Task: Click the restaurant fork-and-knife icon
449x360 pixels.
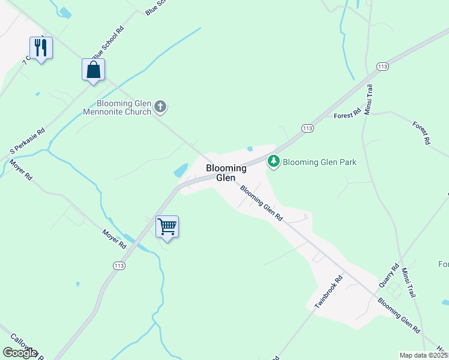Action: pyautogui.click(x=41, y=48)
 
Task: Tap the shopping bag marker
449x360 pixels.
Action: pyautogui.click(x=93, y=70)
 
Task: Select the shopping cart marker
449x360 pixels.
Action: pyautogui.click(x=167, y=227)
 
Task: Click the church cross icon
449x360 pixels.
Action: pyautogui.click(x=160, y=107)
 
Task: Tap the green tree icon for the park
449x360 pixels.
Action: pyautogui.click(x=274, y=161)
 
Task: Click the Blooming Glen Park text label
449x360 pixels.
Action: pyautogui.click(x=319, y=162)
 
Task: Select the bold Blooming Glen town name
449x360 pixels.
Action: pyautogui.click(x=226, y=173)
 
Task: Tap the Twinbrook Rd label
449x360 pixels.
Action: pyautogui.click(x=328, y=292)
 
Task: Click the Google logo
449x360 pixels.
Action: pyautogui.click(x=20, y=353)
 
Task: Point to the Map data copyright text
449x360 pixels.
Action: pyautogui.click(x=423, y=355)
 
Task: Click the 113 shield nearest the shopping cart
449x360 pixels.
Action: pyautogui.click(x=119, y=265)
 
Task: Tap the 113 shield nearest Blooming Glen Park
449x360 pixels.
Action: pyautogui.click(x=307, y=128)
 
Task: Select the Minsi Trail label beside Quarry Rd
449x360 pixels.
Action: pyautogui.click(x=409, y=283)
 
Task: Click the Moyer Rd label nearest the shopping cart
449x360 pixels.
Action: pyautogui.click(x=114, y=238)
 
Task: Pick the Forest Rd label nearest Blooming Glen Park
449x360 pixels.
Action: pyautogui.click(x=348, y=112)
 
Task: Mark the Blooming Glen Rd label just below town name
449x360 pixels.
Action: pyautogui.click(x=261, y=204)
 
